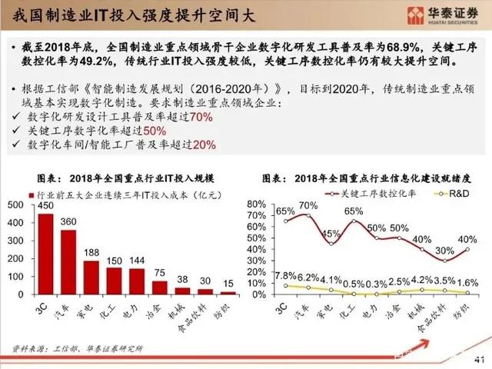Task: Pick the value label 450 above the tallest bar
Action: pyautogui.click(x=45, y=207)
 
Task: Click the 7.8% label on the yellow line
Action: pyautogui.click(x=285, y=276)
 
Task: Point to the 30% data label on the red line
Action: pyautogui.click(x=444, y=251)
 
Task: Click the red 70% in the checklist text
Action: pyautogui.click(x=201, y=117)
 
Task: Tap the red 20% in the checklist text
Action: pyautogui.click(x=204, y=144)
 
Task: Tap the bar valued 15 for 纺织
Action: pyautogui.click(x=228, y=293)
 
